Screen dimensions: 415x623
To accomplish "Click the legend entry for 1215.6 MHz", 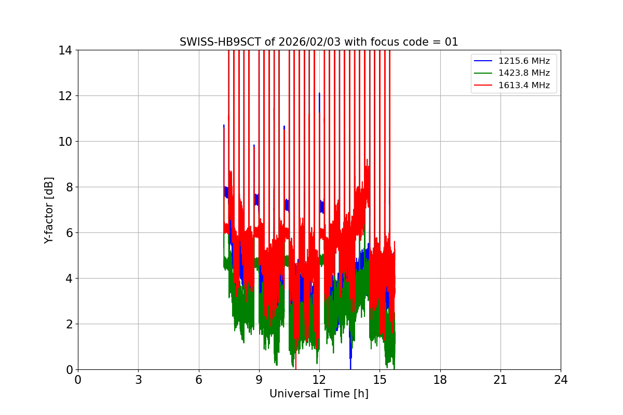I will [524, 61].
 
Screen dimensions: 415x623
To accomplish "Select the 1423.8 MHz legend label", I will [524, 73].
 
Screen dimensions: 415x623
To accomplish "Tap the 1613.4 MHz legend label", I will [524, 85].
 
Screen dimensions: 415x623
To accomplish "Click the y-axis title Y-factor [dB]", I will [49, 210].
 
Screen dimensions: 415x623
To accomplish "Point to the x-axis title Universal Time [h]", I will [319, 394].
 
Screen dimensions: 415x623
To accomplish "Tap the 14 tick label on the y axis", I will [65, 50].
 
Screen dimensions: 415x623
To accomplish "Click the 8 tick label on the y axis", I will [68, 187].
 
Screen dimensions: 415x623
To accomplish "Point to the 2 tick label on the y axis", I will [68, 324].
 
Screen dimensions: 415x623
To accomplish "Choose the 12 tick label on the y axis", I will [65, 96].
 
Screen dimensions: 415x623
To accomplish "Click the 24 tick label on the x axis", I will [561, 380].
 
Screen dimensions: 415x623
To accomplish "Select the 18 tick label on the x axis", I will [440, 380].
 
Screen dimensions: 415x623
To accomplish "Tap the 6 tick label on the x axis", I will [199, 380].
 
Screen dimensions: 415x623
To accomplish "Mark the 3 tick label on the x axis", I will [138, 380].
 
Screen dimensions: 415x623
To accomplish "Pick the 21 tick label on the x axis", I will [500, 380].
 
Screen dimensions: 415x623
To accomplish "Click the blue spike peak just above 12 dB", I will [319, 94].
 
